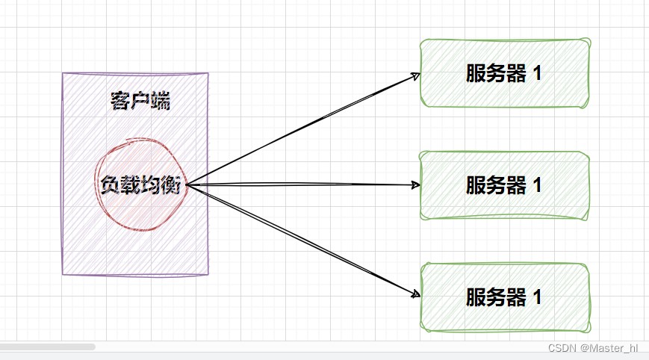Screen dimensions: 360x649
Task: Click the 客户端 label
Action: point(140,101)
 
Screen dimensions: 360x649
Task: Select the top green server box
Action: point(505,73)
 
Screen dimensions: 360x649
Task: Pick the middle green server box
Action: point(505,184)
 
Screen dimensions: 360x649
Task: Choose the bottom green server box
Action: point(505,297)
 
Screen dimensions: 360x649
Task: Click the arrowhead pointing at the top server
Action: point(416,75)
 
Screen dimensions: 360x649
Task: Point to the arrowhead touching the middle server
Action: point(416,184)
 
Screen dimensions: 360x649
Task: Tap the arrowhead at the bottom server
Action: point(416,294)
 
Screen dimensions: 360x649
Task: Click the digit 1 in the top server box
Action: point(537,74)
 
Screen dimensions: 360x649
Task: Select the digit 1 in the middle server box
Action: point(537,185)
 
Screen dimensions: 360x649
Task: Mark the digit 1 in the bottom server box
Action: point(537,297)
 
